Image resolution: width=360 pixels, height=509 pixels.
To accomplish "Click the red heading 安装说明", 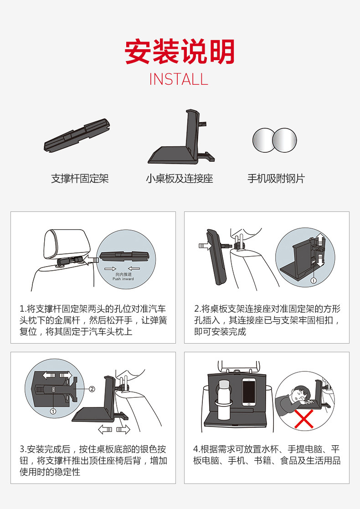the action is click(x=180, y=52).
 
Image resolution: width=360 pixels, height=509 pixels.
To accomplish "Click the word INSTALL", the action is click(x=179, y=80).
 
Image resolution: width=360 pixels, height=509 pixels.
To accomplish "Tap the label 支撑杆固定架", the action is click(x=80, y=178).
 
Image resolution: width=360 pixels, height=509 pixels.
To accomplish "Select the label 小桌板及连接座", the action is click(x=179, y=178).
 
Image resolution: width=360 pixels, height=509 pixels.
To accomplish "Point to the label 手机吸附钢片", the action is click(x=276, y=178).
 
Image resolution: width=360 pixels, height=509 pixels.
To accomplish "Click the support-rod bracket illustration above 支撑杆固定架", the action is click(x=77, y=135).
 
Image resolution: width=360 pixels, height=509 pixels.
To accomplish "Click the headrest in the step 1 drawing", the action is click(x=67, y=243).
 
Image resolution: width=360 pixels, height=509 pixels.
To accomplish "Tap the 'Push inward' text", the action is click(x=123, y=279).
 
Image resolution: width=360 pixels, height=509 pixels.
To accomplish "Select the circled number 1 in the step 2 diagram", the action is click(x=314, y=280).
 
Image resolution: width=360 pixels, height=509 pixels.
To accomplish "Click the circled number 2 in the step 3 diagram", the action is click(x=92, y=389).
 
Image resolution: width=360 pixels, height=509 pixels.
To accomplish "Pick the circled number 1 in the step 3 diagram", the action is click(x=53, y=411).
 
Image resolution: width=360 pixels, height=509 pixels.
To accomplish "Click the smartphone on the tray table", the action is click(x=249, y=392).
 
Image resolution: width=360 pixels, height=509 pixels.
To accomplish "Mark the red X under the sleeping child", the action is click(x=304, y=418).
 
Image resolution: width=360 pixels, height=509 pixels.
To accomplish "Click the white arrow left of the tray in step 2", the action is click(x=205, y=246).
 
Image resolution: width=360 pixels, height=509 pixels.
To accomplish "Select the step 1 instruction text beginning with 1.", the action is click(x=93, y=320).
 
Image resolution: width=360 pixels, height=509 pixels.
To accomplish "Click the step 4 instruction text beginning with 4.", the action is click(x=267, y=455).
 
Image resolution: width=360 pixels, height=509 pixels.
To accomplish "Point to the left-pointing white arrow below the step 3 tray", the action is click(x=105, y=430).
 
